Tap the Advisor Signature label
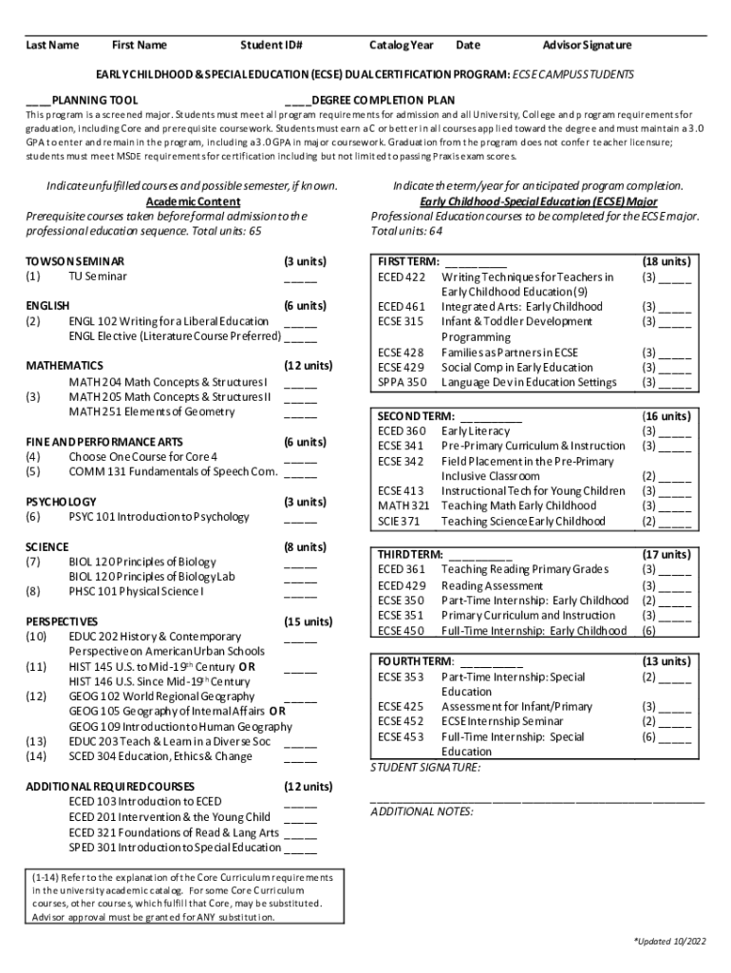tap(586, 45)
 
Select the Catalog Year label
tap(401, 45)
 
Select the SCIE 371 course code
tap(400, 521)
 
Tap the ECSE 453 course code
tap(401, 736)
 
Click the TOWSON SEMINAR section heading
tap(75, 260)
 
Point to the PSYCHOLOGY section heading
tap(61, 502)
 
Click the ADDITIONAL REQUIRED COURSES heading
tap(110, 787)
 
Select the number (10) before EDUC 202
tap(37, 636)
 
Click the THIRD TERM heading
tap(410, 553)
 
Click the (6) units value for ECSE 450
tap(648, 630)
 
